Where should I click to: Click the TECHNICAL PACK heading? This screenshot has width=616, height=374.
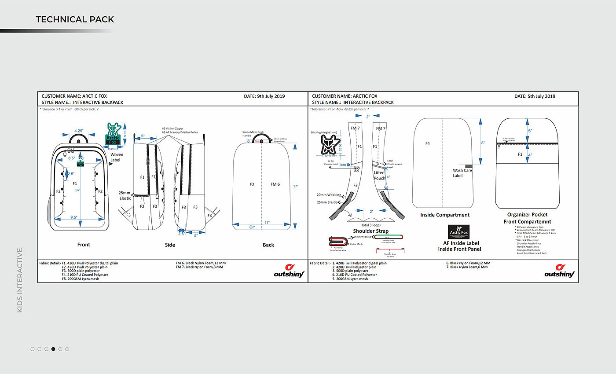coord(75,19)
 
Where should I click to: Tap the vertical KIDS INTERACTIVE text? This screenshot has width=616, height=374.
coord(20,280)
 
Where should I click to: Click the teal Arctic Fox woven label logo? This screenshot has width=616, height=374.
coord(113,134)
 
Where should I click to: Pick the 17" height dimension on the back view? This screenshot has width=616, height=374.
coord(296,186)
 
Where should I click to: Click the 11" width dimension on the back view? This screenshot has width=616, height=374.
coord(267,223)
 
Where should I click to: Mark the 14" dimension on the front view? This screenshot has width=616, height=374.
coord(77,190)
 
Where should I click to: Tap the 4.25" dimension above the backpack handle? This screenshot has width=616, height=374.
coord(79,131)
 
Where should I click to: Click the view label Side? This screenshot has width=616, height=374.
coord(170,245)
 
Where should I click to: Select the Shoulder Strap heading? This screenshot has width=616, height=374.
coord(370,231)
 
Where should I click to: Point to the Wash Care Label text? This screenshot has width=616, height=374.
coord(462,173)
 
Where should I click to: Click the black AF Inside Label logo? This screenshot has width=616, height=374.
coord(458,232)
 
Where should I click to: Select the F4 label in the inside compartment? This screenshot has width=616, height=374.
coord(428,143)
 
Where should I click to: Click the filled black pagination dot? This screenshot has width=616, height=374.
coord(53,349)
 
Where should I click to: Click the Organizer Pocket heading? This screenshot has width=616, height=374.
coord(527,215)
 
